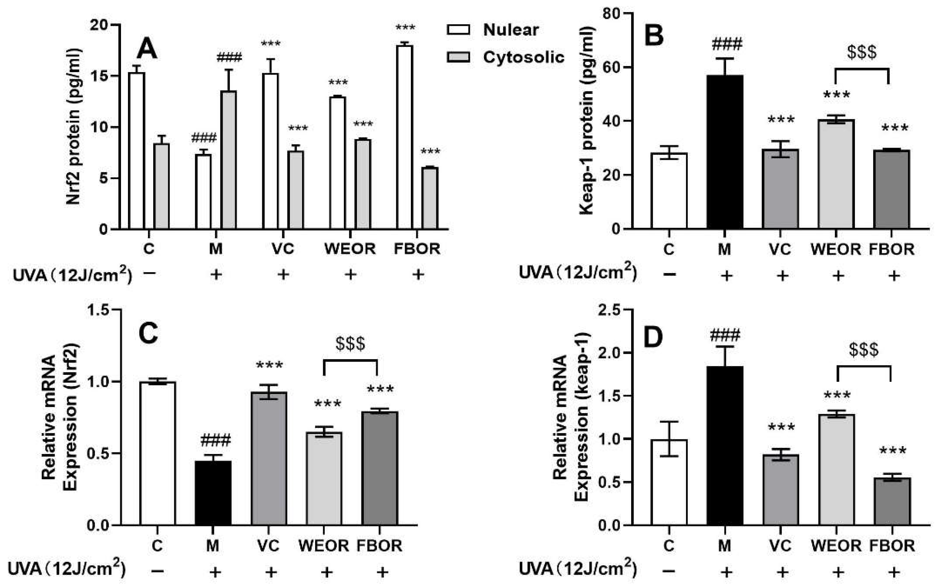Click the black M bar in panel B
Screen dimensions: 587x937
click(x=724, y=152)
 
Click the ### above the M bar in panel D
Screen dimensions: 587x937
click(x=725, y=335)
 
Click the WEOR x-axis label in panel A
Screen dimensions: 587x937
click(x=350, y=249)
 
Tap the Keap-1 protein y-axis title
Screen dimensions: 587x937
click(x=586, y=120)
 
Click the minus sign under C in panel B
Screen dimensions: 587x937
click(x=669, y=275)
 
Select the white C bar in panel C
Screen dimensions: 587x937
click(x=157, y=453)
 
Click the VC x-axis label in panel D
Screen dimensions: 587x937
click(x=780, y=546)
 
